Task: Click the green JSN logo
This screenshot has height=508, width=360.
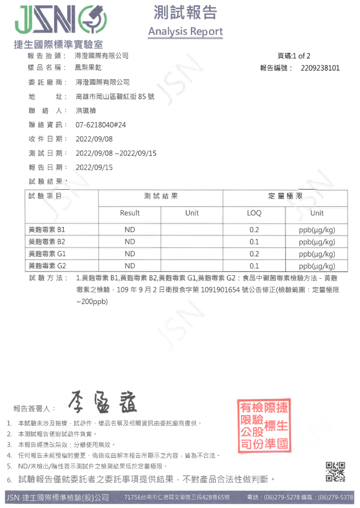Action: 57,21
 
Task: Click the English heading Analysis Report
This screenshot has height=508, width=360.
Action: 185,31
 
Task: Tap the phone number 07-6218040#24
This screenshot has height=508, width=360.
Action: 101,125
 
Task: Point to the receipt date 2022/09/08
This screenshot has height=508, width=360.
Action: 94,139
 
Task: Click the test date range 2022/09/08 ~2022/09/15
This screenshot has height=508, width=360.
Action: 116,153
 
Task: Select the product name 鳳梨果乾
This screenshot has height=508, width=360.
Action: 88,68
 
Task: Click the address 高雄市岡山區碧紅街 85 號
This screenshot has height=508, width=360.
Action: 114,96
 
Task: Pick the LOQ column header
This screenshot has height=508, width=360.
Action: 254,213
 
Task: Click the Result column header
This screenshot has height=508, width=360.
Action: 130,213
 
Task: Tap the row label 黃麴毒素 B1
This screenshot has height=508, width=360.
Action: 47,229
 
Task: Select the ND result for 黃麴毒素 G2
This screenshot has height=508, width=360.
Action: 130,266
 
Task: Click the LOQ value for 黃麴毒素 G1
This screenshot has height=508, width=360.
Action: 254,254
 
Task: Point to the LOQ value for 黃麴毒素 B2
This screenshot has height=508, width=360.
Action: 254,242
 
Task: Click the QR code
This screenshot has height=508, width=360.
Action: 336,472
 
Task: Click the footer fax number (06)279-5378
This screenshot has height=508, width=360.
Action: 336,497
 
